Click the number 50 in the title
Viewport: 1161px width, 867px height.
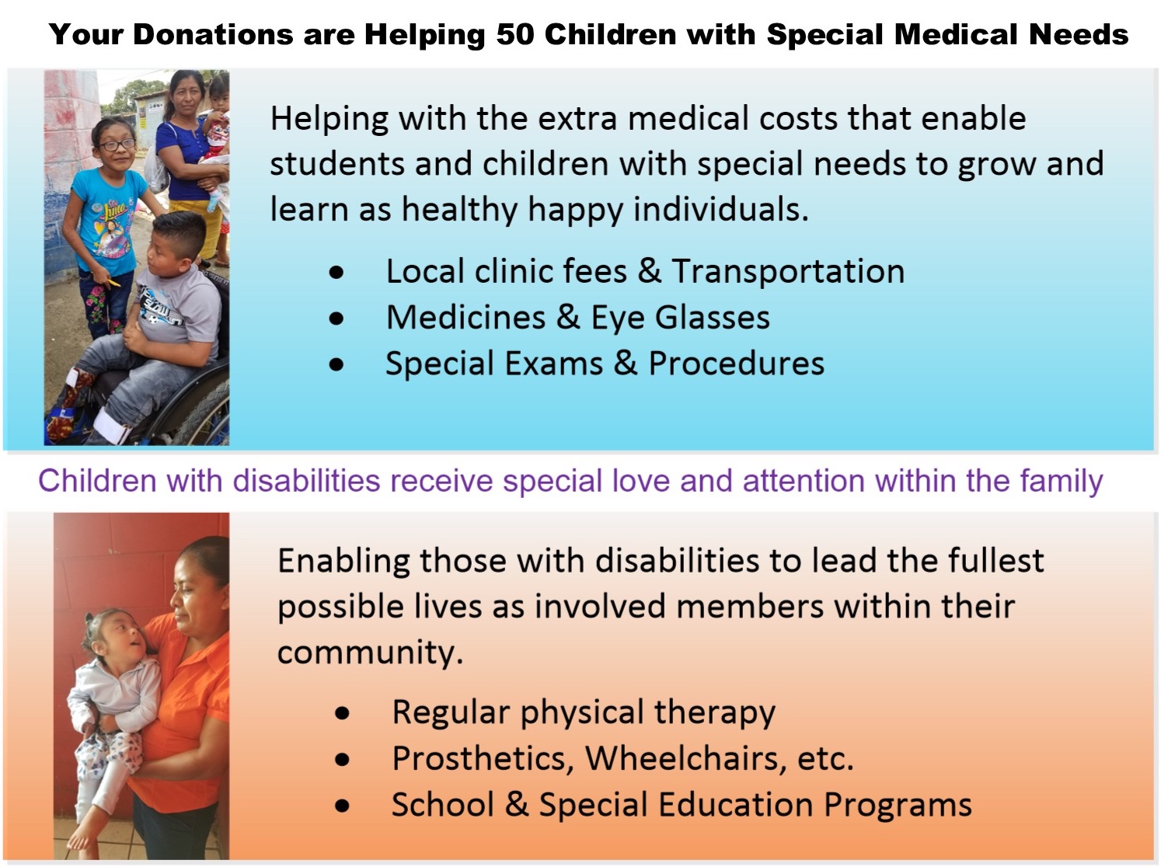[514, 34]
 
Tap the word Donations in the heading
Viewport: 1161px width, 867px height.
[213, 34]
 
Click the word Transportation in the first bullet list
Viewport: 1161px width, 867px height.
[788, 271]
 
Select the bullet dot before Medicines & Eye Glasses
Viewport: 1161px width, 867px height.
[336, 319]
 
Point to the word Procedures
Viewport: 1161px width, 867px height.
[736, 364]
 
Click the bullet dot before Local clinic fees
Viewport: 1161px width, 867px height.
[336, 273]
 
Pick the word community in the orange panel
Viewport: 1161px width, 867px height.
[370, 653]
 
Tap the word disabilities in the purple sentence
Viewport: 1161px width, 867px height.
[307, 481]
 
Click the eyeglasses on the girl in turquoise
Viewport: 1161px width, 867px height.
[117, 144]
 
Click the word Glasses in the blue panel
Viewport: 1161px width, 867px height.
[713, 318]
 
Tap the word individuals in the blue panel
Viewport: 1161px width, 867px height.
[721, 209]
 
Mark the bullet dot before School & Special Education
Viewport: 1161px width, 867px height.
[342, 806]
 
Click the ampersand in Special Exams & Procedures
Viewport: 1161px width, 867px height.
[626, 364]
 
